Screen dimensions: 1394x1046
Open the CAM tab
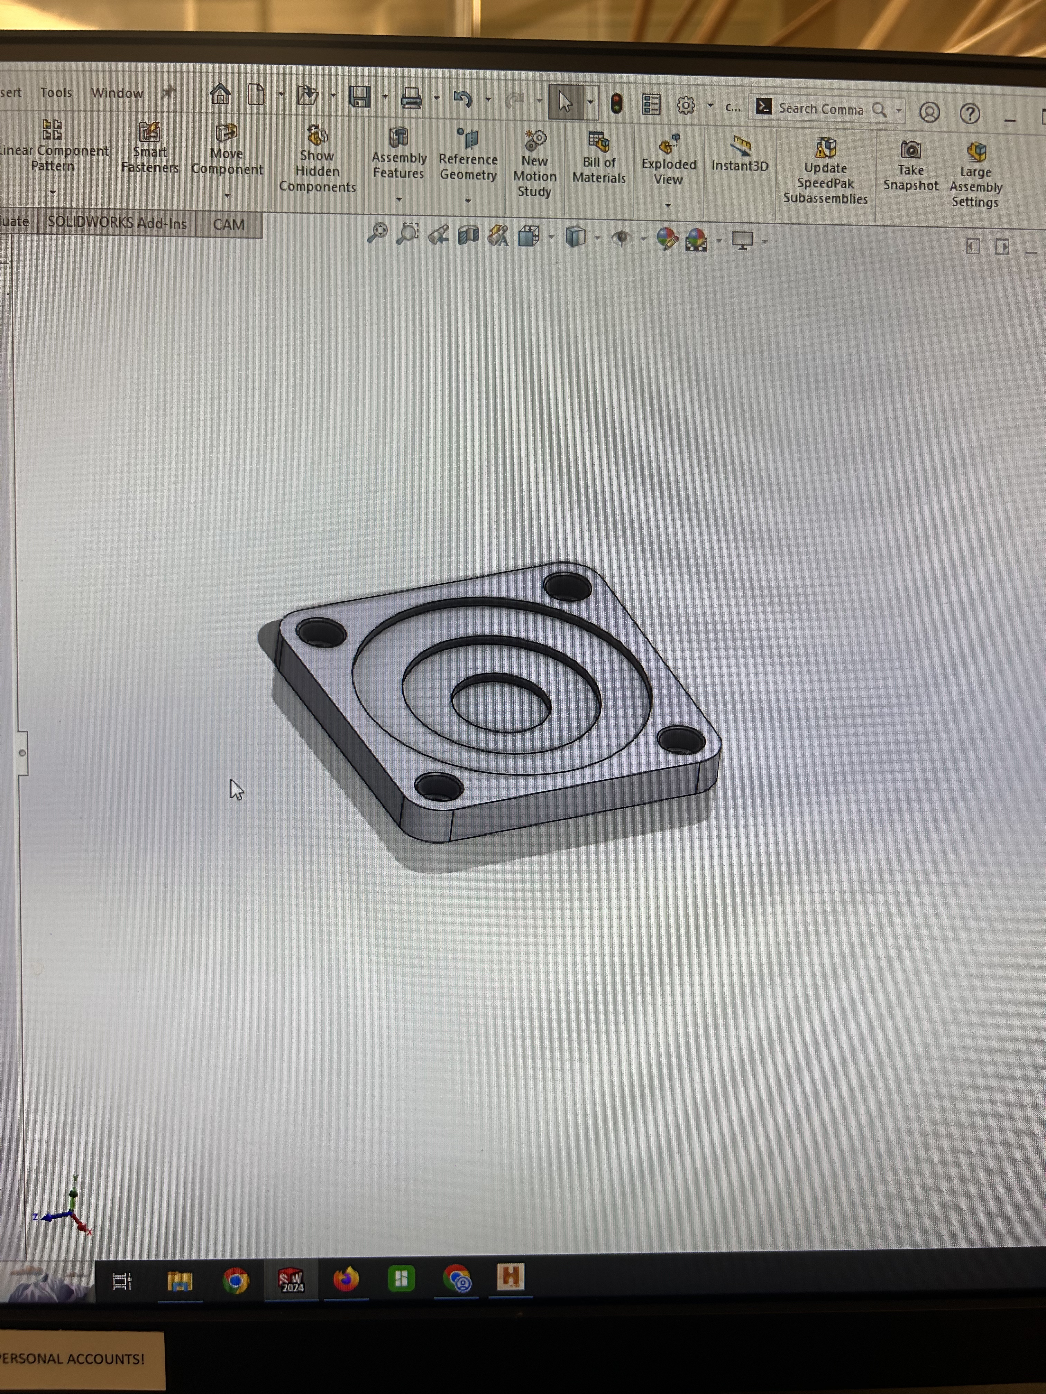coord(228,224)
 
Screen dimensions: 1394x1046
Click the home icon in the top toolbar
coord(220,94)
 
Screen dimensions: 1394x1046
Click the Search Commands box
coord(820,109)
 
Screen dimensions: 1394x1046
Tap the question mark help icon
coord(969,113)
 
